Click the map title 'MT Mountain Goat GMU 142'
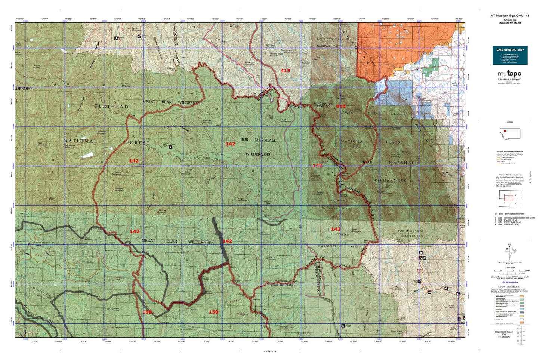[509, 16]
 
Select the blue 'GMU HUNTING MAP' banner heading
[509, 49]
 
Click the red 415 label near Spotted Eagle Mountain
[285, 70]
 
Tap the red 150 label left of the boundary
[213, 312]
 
